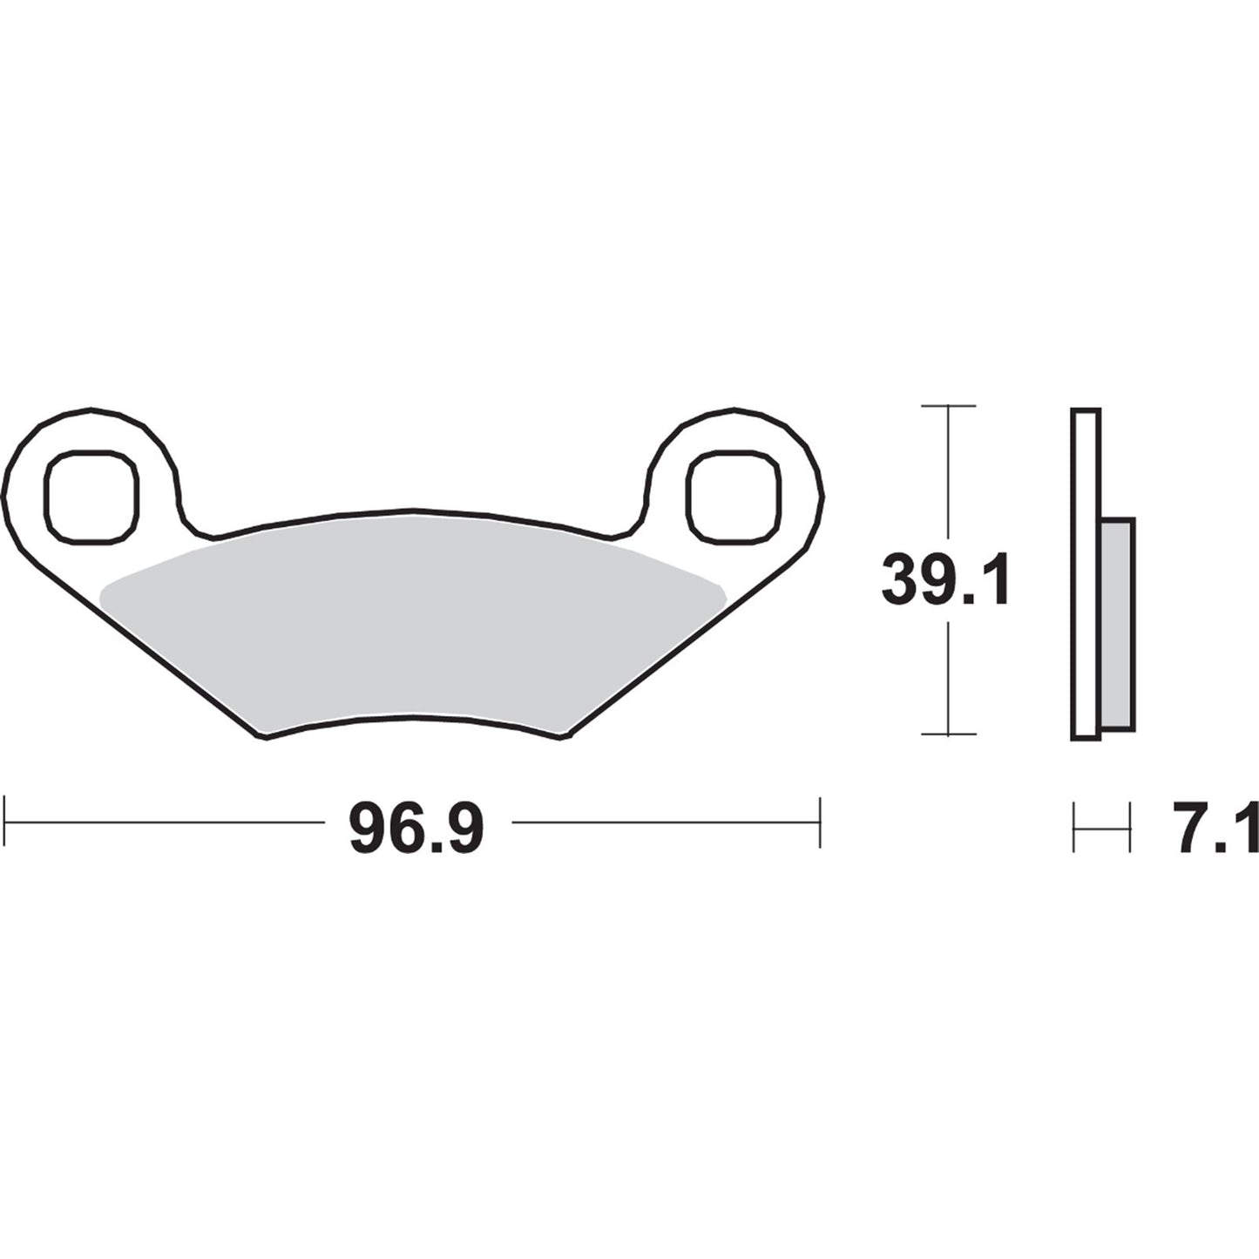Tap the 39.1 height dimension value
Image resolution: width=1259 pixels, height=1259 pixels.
click(945, 582)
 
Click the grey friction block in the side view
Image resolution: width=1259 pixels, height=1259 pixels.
click(1118, 624)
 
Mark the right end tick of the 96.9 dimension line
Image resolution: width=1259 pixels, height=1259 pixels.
click(819, 821)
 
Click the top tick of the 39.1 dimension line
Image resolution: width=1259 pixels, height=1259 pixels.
click(947, 406)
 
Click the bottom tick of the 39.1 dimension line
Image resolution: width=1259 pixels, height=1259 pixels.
click(947, 734)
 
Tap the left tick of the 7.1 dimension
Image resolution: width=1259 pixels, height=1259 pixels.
click(1074, 828)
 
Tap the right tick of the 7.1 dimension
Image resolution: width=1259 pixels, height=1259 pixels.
click(1130, 828)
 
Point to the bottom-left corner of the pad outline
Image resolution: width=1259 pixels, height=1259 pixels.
click(263, 737)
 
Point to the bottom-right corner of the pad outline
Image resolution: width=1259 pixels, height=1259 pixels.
click(565, 737)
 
